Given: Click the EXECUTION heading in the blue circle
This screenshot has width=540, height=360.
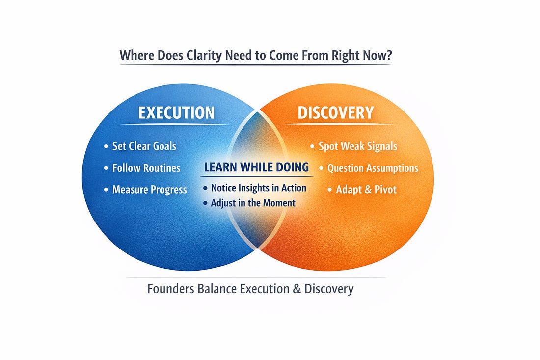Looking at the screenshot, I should pos(176,112).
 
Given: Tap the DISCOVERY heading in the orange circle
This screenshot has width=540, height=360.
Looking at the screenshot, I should pos(336,112).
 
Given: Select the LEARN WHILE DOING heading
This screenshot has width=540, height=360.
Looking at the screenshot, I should pos(256,167).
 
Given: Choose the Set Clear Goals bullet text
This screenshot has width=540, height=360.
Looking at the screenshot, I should pos(144,146).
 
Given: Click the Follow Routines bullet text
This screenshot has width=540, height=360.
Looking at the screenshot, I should pos(146,168).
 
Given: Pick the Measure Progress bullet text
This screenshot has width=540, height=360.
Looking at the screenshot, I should pos(150,190).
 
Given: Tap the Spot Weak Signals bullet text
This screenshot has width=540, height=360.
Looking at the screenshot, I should pos(358,146).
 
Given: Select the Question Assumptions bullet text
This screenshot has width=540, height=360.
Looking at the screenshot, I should pos(373,168).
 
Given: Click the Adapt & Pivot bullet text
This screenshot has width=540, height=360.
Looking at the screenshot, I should pos(366,190).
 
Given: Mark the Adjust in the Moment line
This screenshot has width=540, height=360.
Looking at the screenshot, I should pos(253,202).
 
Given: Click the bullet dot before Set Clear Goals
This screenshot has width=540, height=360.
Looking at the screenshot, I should pos(106,146).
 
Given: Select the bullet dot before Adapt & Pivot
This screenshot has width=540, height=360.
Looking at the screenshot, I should pos(330,190).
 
